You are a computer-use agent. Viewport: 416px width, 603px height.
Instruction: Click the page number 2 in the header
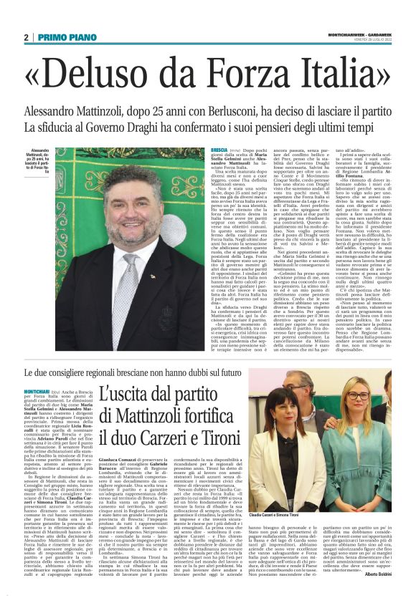(x=26, y=37)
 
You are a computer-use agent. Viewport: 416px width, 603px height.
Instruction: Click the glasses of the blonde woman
(x=358, y=395)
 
